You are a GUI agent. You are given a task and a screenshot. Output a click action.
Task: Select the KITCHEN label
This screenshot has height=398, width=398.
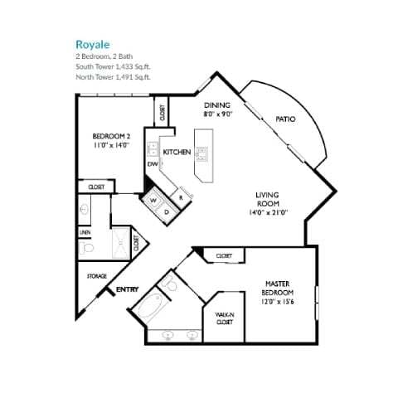point(177,153)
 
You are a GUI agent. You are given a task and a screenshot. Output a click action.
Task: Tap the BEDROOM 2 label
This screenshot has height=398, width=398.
point(110,135)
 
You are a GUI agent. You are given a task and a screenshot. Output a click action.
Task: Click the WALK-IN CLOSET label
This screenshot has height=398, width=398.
point(224,318)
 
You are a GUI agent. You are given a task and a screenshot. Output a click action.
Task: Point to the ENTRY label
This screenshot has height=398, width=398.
point(127,289)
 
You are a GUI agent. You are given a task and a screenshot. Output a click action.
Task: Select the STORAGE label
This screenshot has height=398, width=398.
point(96,276)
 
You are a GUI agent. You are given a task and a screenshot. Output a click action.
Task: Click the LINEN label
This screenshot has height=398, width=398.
point(85,233)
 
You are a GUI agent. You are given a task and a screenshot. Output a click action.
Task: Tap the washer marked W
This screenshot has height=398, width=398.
point(153,200)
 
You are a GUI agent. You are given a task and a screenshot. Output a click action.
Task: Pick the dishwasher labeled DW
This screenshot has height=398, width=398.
point(153,164)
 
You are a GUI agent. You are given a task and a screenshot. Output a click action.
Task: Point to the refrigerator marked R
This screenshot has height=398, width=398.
point(182,197)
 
